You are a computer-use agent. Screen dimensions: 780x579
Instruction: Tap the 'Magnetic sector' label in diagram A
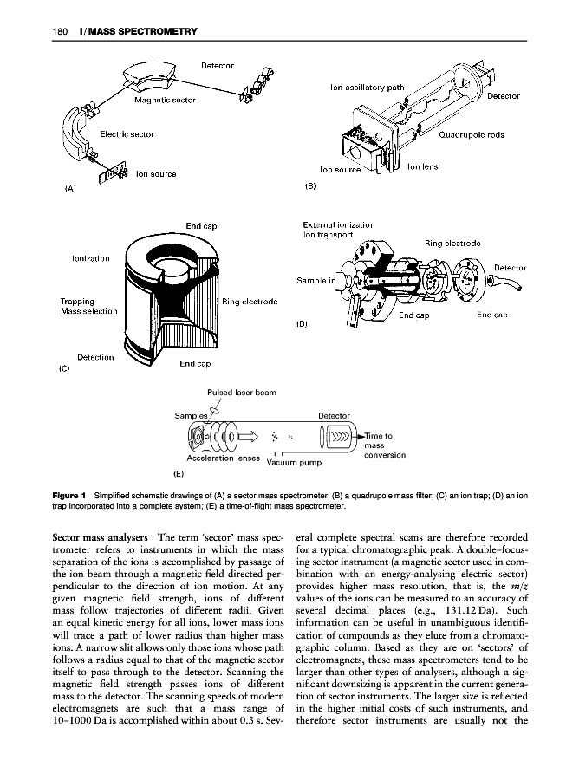tap(166, 100)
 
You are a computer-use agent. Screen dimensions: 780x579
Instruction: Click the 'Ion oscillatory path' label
tap(368, 88)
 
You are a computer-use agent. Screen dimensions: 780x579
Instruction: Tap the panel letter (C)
tap(64, 368)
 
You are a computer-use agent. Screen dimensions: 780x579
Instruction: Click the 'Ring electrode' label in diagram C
tap(250, 302)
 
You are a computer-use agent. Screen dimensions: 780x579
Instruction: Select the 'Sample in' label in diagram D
tap(316, 281)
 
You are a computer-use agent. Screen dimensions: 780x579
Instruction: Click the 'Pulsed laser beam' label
tap(240, 393)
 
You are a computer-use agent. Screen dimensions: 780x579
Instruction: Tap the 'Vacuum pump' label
tap(293, 462)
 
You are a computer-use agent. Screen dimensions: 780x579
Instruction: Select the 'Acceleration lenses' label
tap(223, 457)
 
